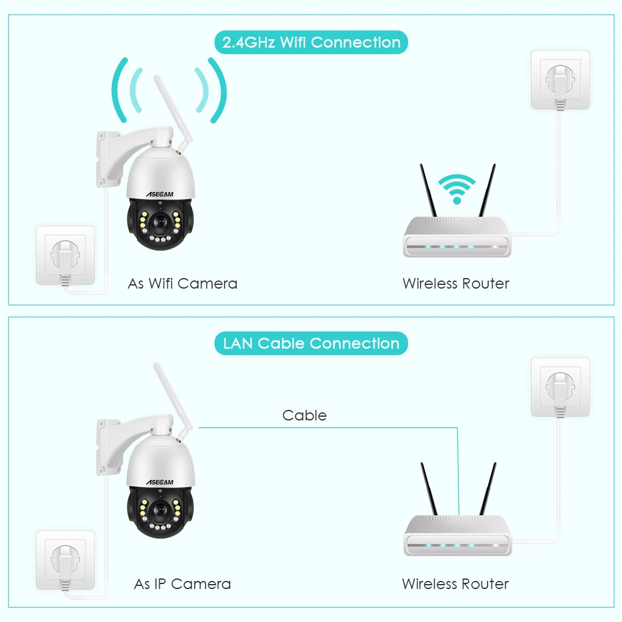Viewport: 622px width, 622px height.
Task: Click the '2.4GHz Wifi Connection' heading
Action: click(311, 43)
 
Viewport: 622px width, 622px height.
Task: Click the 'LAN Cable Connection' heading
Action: click(311, 343)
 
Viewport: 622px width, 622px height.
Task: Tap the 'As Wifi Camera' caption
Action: click(182, 284)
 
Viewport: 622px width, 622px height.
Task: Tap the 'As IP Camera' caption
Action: click(182, 584)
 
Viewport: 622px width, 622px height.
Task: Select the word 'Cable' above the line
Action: click(304, 415)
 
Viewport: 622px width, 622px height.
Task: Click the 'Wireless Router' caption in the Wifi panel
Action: click(456, 284)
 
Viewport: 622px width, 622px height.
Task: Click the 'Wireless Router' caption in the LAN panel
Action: click(455, 584)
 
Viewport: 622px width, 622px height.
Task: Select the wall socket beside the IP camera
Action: click(65, 559)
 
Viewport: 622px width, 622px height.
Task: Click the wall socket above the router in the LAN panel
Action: click(559, 386)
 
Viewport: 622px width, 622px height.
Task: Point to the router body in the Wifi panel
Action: click(457, 237)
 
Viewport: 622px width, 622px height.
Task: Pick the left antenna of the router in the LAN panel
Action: click(431, 488)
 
